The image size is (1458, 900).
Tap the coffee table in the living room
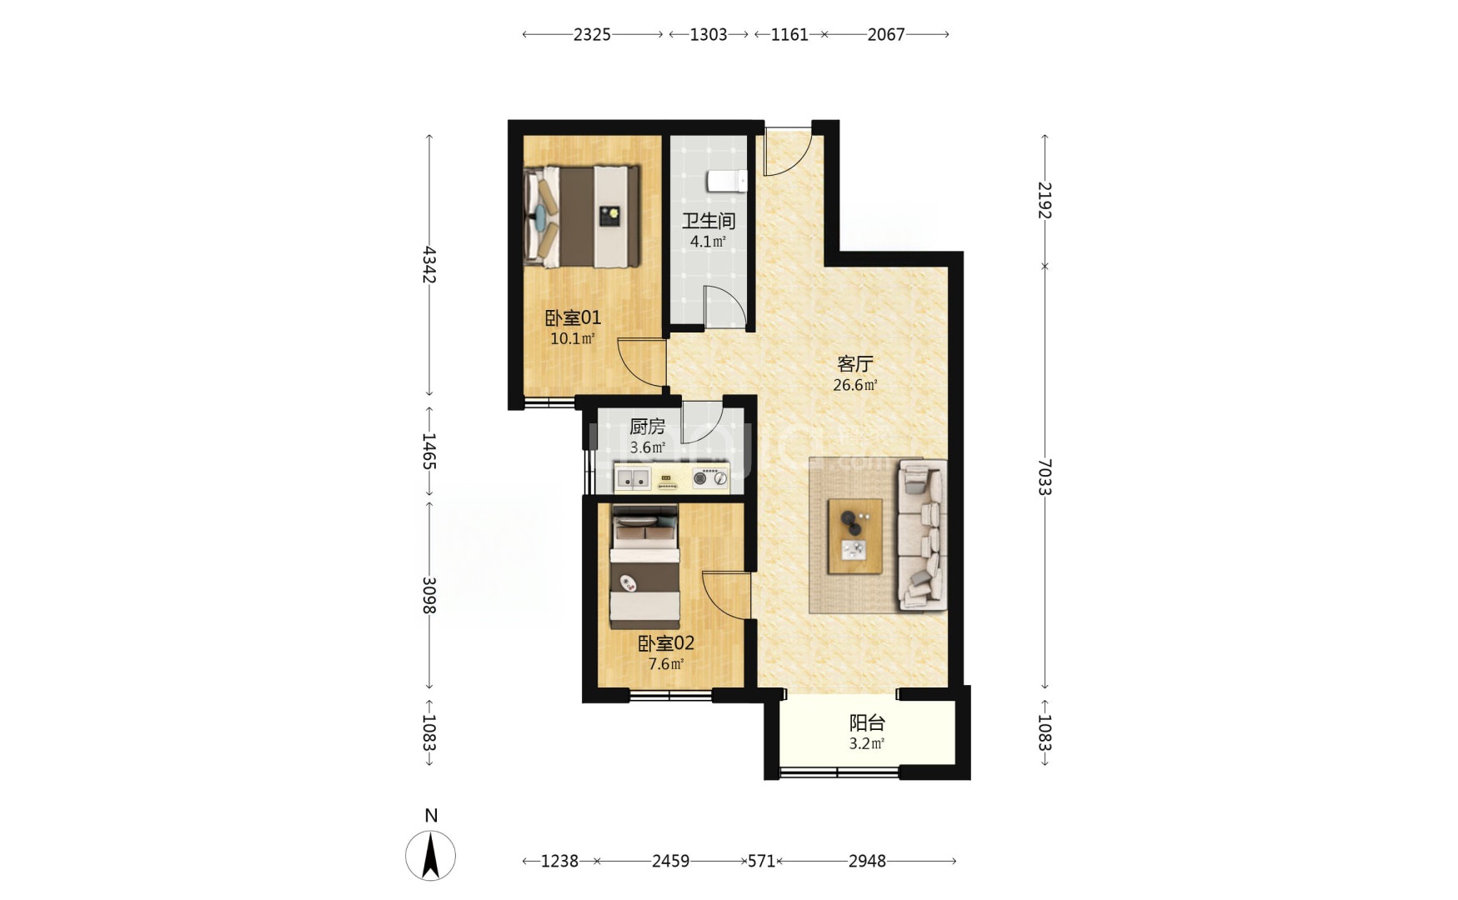854,536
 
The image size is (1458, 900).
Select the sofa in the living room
921,536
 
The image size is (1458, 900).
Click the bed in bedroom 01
582,217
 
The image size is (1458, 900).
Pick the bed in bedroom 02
645,567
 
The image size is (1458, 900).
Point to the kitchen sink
634,478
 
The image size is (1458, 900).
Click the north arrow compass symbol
430,854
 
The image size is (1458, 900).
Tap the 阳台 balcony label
867,722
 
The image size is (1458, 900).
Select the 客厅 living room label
854,364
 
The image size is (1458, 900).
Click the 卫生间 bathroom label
709,221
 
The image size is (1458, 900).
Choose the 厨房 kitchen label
647,427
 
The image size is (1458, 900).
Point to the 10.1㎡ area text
573,338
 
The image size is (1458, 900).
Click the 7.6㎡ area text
666,664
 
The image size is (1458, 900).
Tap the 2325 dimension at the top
592,34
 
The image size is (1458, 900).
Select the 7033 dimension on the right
1045,477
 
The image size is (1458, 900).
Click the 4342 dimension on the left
428,264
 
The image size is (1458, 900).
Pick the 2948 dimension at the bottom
867,861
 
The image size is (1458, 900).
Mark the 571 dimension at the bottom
761,861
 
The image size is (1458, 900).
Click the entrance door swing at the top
789,152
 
